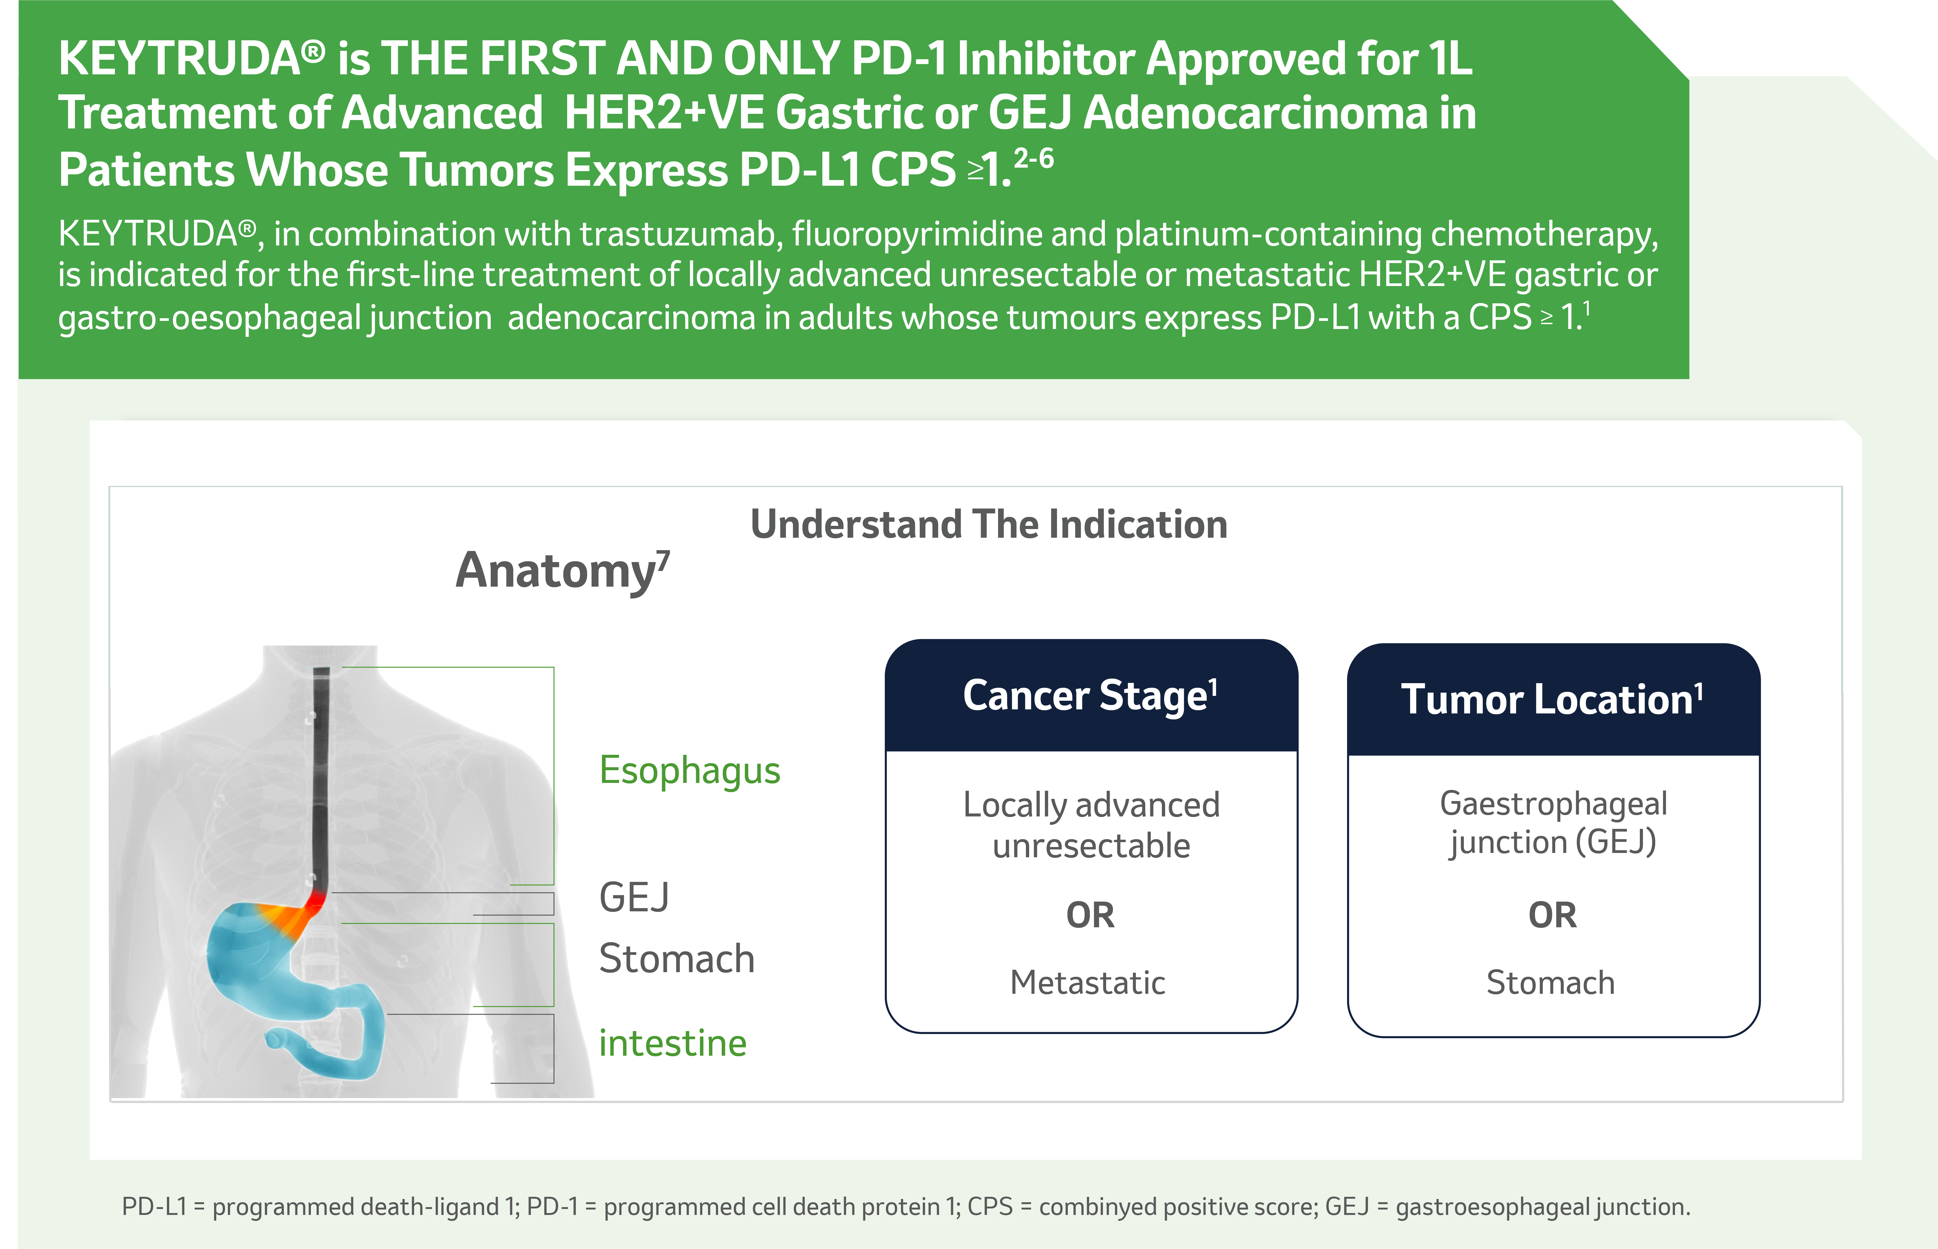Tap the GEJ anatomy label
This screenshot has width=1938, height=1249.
click(634, 898)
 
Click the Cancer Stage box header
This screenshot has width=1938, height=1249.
click(1091, 696)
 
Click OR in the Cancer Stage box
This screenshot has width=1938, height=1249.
click(1091, 916)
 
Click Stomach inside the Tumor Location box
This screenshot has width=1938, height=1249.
click(1550, 983)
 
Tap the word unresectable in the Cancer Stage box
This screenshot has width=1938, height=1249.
click(1091, 846)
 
